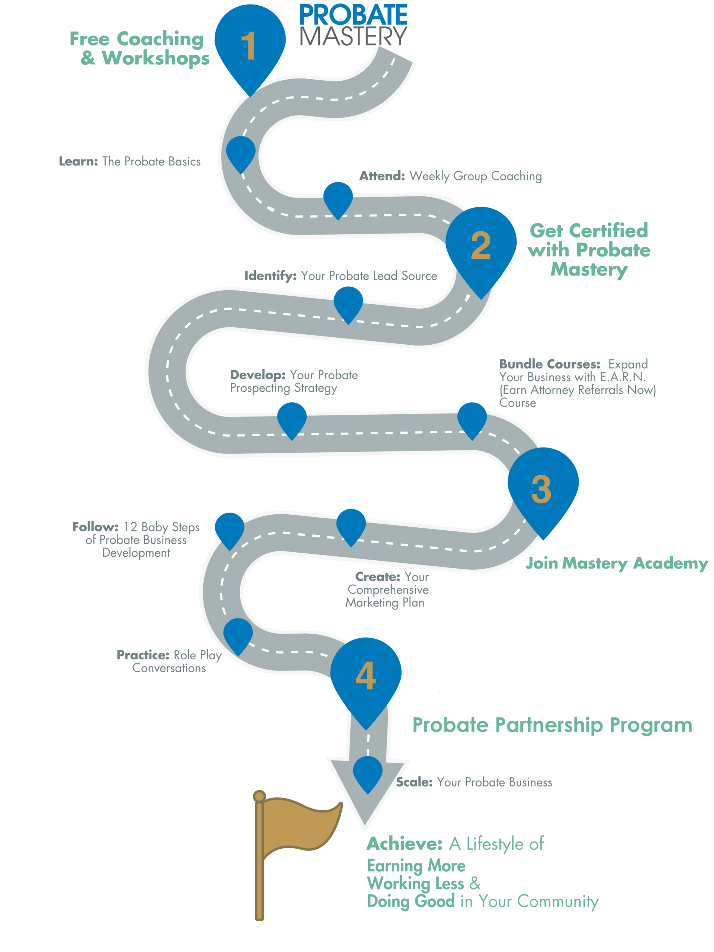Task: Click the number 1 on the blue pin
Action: coord(249,46)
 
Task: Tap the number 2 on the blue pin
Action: coord(480,245)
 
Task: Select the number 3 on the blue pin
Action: coord(541,489)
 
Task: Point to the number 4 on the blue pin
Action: coord(366,675)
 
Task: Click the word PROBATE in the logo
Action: coord(353,15)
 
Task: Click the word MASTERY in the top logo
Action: coord(353,36)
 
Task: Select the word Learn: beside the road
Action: coord(78,161)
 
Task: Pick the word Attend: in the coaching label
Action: coord(382,176)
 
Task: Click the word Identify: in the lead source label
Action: coord(270,276)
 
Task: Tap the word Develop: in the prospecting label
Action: coord(257,375)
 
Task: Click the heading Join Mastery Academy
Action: coord(616,563)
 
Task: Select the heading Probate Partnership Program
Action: coord(552,725)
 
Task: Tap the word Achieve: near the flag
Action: coord(404,844)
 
